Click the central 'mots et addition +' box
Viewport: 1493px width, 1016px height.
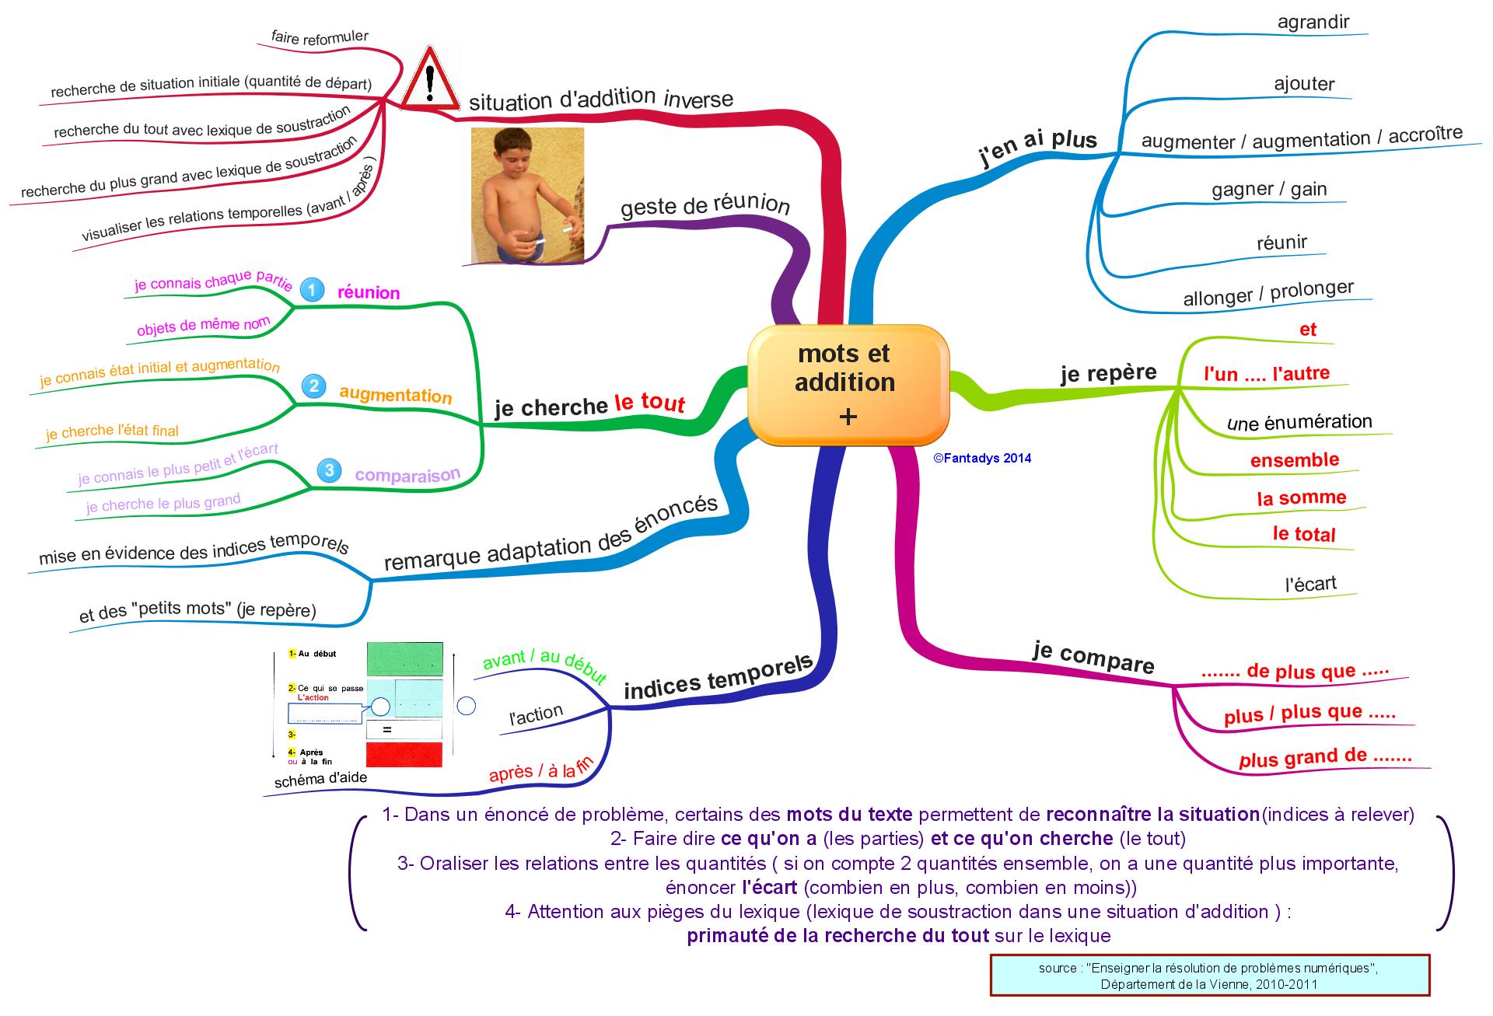848,385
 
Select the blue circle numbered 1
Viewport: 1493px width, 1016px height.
312,290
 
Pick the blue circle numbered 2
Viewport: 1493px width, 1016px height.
313,386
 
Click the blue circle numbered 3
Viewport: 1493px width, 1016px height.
329,470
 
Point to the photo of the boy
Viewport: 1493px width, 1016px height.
527,196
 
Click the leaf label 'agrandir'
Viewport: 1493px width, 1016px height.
1313,22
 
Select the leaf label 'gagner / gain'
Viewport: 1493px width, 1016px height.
1269,190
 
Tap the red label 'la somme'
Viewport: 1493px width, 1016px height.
1301,498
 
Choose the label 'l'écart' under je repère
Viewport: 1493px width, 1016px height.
1310,584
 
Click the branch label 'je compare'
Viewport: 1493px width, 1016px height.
1093,658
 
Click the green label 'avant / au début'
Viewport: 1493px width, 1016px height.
544,666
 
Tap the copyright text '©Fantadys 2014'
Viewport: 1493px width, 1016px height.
982,459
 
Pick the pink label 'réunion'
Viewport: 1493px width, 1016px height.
368,293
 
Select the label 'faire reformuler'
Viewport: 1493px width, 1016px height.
320,37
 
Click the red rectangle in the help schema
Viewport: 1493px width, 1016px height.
404,753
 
